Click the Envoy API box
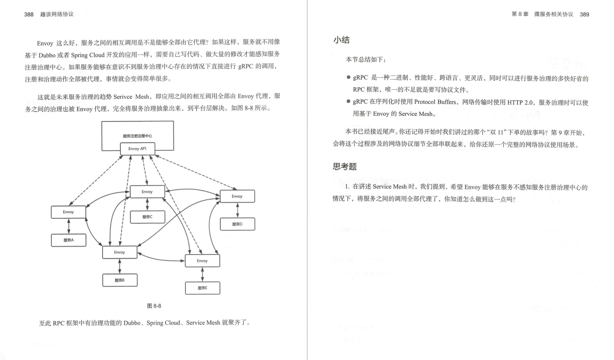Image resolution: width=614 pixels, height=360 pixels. pyautogui.click(x=138, y=149)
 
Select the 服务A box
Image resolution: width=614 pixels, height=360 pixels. pyautogui.click(x=68, y=240)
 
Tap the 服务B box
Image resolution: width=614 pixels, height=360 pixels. pyautogui.click(x=120, y=280)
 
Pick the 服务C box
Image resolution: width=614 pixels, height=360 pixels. pyautogui.click(x=147, y=217)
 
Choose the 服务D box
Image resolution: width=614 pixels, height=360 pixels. pyautogui.click(x=237, y=224)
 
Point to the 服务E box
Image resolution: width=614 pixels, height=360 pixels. pyautogui.click(x=202, y=288)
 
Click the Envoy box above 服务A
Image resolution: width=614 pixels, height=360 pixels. pyautogui.click(x=68, y=212)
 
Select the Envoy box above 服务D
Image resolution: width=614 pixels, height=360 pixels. pyautogui.click(x=237, y=196)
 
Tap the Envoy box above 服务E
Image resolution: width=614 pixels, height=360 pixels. pyautogui.click(x=202, y=260)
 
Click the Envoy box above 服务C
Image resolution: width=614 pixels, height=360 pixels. pyautogui.click(x=147, y=192)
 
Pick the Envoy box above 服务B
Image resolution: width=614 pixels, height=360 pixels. pyautogui.click(x=120, y=252)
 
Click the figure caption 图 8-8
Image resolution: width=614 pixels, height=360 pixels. pyautogui.click(x=154, y=306)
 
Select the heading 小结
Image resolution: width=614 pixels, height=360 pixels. pyautogui.click(x=341, y=40)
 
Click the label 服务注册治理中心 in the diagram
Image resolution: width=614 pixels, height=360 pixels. pyautogui.click(x=137, y=136)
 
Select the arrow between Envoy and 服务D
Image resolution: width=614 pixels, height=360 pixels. pyautogui.click(x=237, y=210)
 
